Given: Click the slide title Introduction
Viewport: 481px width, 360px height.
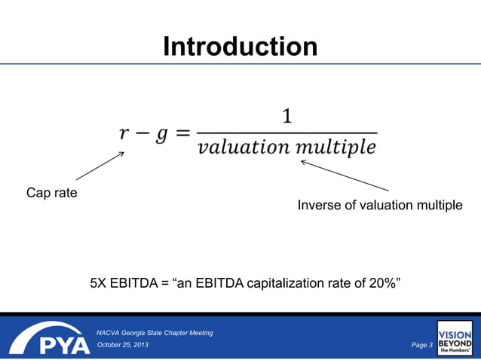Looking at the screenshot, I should click(x=240, y=47).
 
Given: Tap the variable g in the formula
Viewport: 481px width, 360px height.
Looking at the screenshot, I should click(x=161, y=136).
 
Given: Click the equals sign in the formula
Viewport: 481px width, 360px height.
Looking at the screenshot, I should click(x=183, y=134).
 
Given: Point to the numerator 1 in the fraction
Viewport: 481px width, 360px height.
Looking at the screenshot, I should click(x=287, y=117).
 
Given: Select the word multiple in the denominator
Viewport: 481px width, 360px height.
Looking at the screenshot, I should click(x=335, y=147).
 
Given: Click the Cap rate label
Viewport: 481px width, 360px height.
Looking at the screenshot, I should click(x=52, y=193).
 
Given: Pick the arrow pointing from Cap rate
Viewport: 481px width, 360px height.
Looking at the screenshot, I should click(x=100, y=166).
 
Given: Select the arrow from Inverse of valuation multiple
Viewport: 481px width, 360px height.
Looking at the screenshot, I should click(x=344, y=175).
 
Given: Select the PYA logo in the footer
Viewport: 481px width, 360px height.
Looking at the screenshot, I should click(x=48, y=340).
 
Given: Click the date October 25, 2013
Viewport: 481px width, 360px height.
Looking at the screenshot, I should click(x=123, y=345).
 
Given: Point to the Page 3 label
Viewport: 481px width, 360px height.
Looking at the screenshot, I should click(x=421, y=345).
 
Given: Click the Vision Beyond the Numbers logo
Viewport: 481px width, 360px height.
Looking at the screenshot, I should click(x=455, y=338).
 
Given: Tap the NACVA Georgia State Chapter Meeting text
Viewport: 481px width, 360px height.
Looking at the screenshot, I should click(x=155, y=332).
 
